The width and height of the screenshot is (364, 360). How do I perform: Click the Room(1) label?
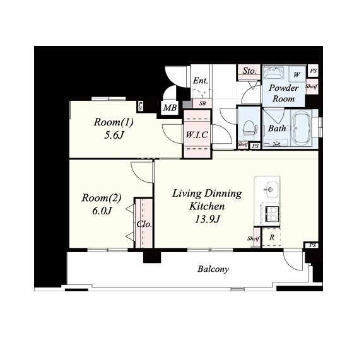coord(114,122)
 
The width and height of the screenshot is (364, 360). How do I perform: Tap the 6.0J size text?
coord(102,211)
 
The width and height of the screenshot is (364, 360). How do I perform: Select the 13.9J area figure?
coord(207,219)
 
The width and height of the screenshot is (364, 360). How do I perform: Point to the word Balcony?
coord(213,269)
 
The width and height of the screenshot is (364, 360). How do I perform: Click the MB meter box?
coord(170,108)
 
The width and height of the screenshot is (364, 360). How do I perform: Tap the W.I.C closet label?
coord(197,134)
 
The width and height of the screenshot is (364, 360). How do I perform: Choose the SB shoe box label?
coord(203,103)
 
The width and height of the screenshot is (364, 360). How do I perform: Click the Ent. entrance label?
coord(201,81)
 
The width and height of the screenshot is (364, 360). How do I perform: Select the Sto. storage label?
coord(249,71)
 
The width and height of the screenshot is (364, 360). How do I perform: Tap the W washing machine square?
coord(296,74)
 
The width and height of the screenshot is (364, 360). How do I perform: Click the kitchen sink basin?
coord(272,190)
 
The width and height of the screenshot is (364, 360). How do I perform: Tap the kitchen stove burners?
coord(271,214)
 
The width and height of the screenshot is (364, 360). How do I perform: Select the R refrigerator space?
coord(272,237)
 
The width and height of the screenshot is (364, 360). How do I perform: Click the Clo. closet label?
coord(144,224)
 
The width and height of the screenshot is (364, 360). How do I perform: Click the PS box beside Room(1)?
coord(140,106)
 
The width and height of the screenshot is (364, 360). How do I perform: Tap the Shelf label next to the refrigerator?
coord(253,239)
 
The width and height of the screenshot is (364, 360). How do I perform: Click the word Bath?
coord(277,128)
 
